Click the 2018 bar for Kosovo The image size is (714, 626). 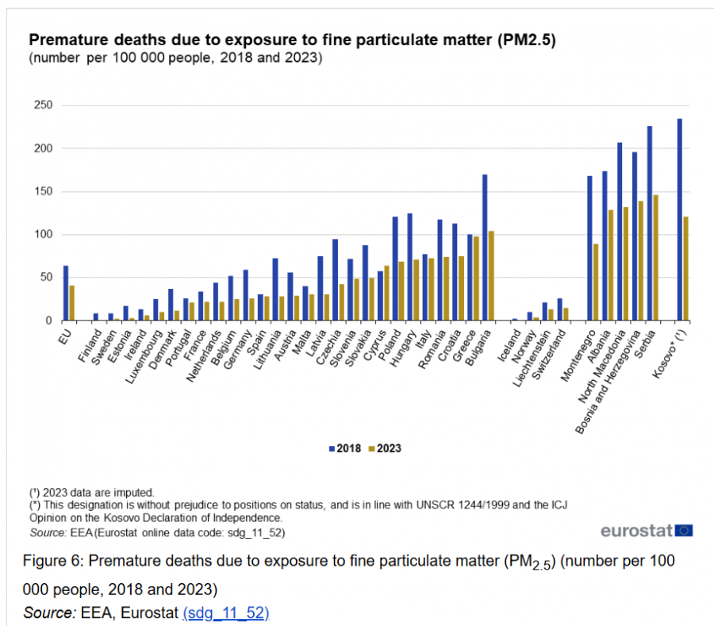(x=680, y=220)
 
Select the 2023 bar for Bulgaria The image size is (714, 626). (x=491, y=276)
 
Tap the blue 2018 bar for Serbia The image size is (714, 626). (x=650, y=224)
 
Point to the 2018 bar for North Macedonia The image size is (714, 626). (x=620, y=232)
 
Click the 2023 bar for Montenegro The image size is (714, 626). (x=596, y=282)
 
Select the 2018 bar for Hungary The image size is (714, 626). (x=410, y=267)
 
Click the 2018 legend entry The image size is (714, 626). (x=345, y=448)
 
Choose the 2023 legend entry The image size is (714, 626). (x=385, y=448)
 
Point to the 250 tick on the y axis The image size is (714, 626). (x=44, y=106)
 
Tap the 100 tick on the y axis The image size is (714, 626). (x=44, y=235)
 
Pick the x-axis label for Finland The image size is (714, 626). (x=90, y=346)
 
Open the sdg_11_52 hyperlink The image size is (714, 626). (x=226, y=613)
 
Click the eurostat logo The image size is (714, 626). (x=647, y=530)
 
